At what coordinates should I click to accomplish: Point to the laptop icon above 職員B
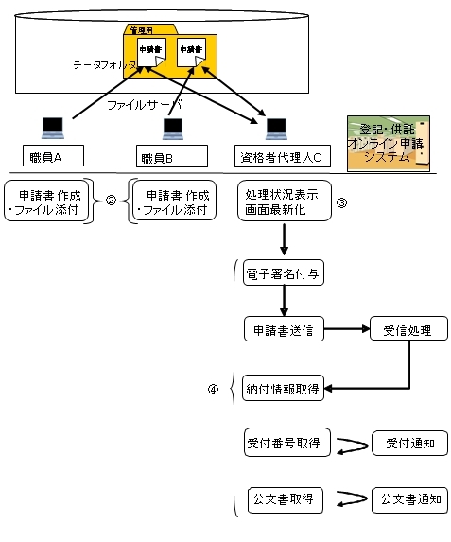[x=172, y=126]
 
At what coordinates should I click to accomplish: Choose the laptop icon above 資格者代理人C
[x=275, y=126]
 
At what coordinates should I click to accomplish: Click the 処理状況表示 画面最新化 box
[x=284, y=200]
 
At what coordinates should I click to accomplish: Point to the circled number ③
[x=342, y=201]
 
